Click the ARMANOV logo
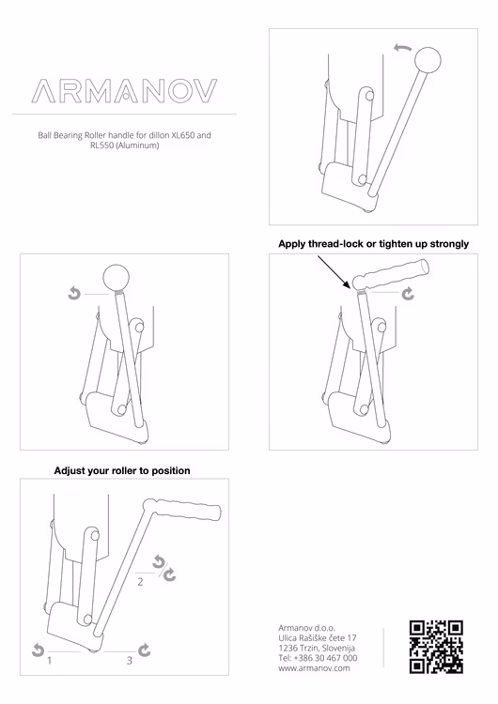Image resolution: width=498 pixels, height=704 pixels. point(124,91)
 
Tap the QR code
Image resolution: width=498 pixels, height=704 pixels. point(436,647)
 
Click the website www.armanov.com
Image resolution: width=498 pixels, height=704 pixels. point(314,668)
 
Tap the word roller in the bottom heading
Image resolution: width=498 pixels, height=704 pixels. point(124,470)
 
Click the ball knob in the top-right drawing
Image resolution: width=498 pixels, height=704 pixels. point(428,60)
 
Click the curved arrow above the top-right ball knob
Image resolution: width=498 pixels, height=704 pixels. point(402,48)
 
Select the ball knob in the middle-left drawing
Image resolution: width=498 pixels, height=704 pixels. point(116,278)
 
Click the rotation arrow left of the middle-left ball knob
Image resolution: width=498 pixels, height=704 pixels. point(74,294)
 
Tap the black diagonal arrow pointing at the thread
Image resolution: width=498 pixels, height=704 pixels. point(334,272)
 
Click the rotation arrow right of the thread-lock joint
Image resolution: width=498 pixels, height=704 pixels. point(408,294)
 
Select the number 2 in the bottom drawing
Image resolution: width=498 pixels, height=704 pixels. point(140,582)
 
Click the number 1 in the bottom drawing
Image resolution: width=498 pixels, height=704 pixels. point(50,661)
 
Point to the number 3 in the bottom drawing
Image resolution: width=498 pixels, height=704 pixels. point(130,661)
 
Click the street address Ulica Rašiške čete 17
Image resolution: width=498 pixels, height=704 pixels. point(318,637)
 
